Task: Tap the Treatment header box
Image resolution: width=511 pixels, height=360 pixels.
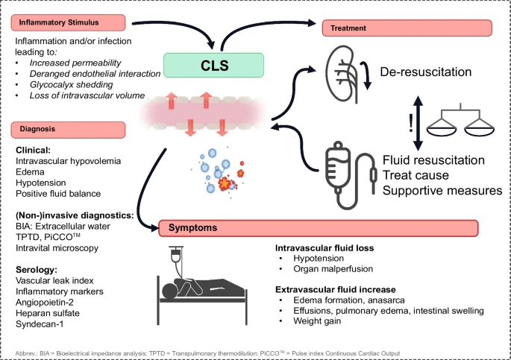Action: [407, 28]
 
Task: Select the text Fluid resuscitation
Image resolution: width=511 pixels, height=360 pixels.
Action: [433, 160]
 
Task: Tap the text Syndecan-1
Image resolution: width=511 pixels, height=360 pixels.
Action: [42, 326]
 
